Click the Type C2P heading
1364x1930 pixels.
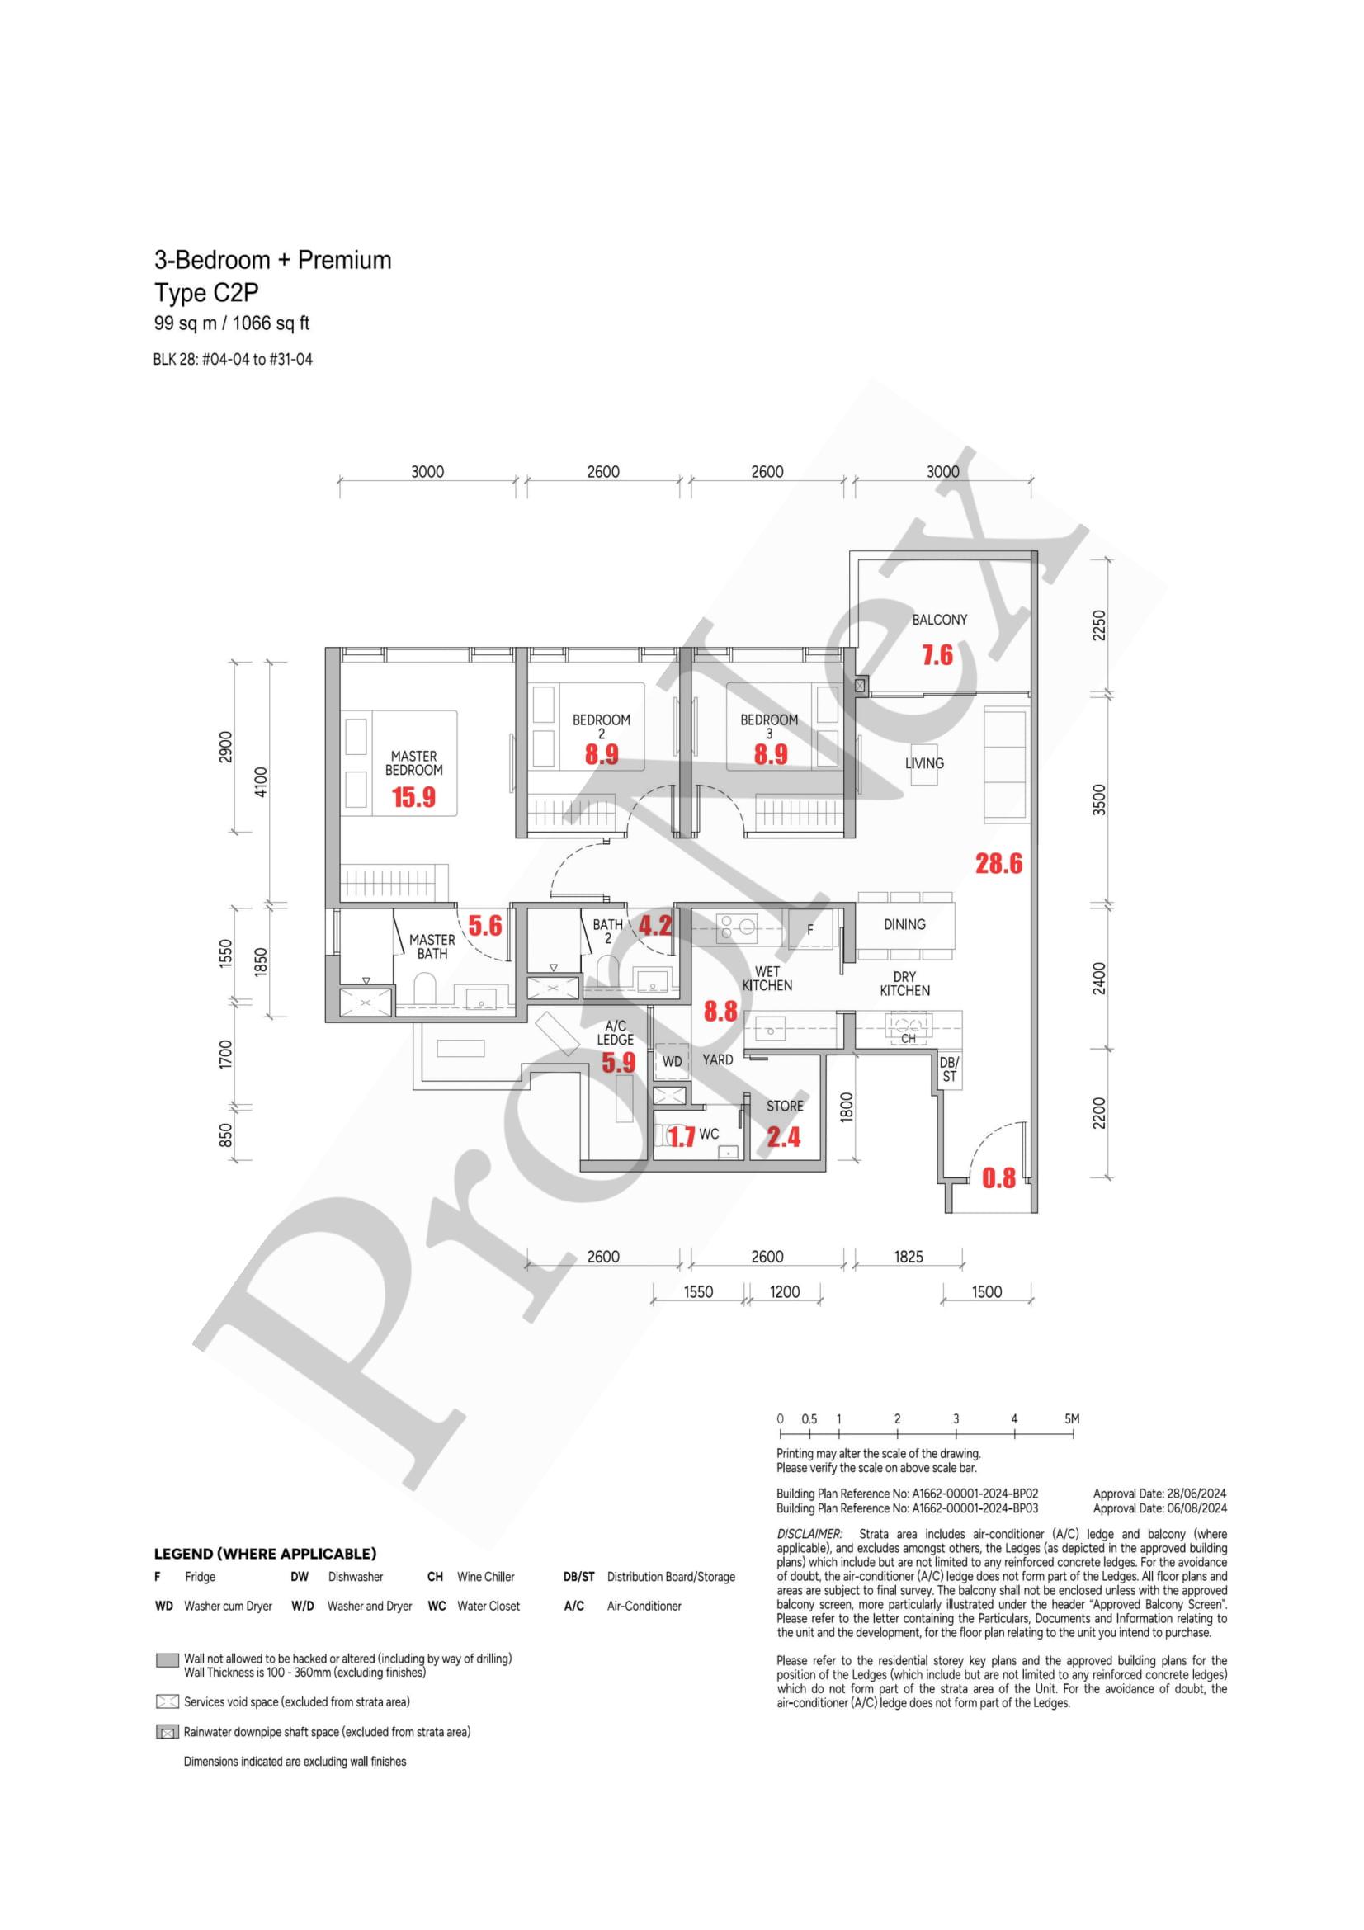pos(206,293)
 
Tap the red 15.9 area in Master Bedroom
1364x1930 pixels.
pos(413,797)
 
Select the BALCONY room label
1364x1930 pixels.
pos(939,620)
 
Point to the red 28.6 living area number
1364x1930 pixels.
pos(998,863)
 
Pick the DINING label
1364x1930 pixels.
pos(904,924)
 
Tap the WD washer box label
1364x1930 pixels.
pos(673,1062)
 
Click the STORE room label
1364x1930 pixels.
pos(784,1107)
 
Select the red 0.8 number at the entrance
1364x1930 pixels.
pos(998,1178)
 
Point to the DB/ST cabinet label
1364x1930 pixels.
pos(949,1069)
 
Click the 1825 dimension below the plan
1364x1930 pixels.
pos(908,1257)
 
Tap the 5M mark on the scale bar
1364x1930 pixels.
pos(1072,1419)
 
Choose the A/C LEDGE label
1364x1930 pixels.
pos(616,1032)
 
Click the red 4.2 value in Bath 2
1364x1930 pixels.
pos(654,927)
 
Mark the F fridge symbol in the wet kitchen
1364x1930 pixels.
pos(810,930)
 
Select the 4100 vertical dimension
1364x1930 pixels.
pos(260,781)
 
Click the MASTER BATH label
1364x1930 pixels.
pos(432,946)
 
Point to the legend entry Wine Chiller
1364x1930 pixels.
pos(486,1577)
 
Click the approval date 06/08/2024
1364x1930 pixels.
pos(1195,1508)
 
